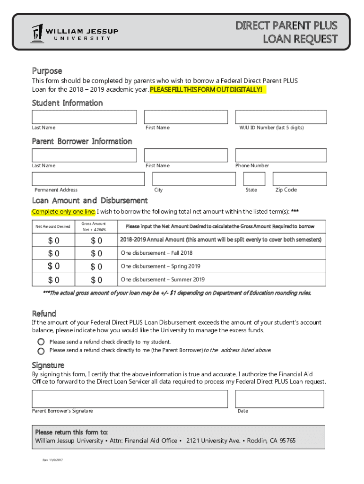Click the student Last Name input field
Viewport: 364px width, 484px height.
(84, 117)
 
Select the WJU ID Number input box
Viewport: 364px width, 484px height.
(280, 117)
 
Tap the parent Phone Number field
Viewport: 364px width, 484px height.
(280, 156)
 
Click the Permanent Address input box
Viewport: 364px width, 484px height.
(88, 179)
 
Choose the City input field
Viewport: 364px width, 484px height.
(194, 179)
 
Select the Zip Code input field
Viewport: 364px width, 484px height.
(300, 179)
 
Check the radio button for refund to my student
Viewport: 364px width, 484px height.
(41, 342)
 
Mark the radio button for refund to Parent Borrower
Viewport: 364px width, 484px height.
(41, 351)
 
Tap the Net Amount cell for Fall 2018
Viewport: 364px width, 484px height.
(53, 254)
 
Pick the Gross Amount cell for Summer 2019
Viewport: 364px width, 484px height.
(96, 280)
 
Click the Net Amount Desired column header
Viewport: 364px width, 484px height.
(53, 226)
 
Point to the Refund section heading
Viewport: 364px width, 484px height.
(44, 313)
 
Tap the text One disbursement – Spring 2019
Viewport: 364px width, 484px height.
(161, 266)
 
